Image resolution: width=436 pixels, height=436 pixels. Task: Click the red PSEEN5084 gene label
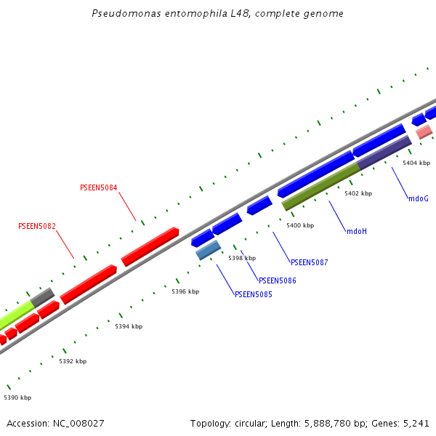pos(98,187)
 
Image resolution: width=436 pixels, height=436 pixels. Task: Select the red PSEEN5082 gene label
pos(37,226)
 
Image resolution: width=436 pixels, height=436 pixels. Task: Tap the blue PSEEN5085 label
pos(254,294)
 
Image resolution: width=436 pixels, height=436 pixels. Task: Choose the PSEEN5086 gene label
pos(278,280)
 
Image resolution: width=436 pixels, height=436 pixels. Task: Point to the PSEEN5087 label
pos(310,262)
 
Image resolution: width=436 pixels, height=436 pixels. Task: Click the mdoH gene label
pos(357,231)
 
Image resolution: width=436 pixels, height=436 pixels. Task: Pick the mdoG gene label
pos(419,198)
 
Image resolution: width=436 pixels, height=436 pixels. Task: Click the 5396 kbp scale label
pos(185,291)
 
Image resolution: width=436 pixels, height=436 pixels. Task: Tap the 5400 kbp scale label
pos(300,226)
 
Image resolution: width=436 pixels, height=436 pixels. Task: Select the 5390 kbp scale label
pos(17,397)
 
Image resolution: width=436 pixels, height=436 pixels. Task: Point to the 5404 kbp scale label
pos(416,163)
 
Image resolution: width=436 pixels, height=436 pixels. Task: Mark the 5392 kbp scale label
pos(73,361)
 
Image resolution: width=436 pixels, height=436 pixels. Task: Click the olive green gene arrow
pos(320,187)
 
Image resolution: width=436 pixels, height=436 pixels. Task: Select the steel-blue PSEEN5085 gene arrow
pos(209,250)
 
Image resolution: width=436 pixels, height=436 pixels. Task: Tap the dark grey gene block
pos(42,296)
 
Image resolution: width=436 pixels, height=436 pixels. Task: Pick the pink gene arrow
pos(424,132)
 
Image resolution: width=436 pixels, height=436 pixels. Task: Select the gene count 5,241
pos(415,423)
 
